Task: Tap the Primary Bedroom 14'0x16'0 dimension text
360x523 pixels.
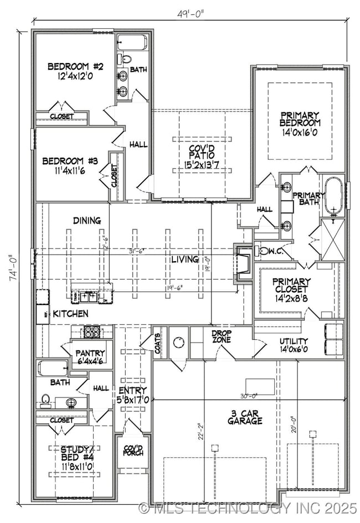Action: [x=300, y=133]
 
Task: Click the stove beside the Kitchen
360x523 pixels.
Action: [x=90, y=332]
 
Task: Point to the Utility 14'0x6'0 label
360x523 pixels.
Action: [x=294, y=345]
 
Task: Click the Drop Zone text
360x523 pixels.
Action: [x=222, y=336]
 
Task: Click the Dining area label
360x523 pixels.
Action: [x=87, y=220]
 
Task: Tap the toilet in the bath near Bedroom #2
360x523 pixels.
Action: [x=126, y=59]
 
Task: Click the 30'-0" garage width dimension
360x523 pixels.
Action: [x=249, y=395]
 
